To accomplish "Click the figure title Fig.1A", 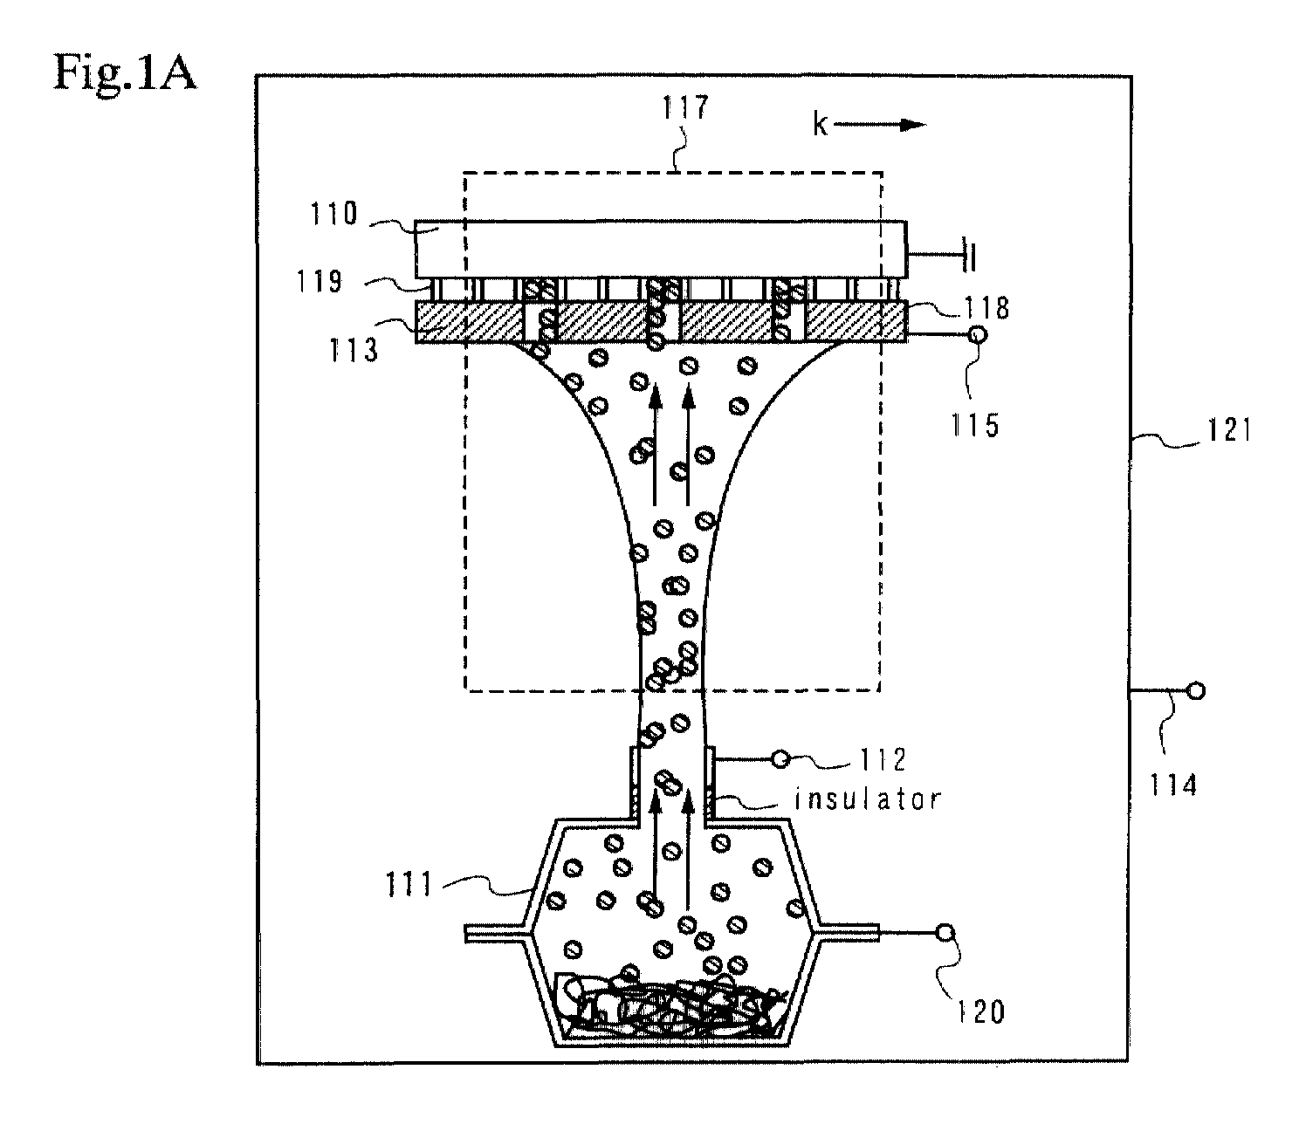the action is click(125, 73).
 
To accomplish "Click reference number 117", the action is click(684, 107).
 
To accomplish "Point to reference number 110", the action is click(333, 214).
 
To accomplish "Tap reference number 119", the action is click(319, 282).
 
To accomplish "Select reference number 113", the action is click(354, 351).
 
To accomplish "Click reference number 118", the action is click(986, 308).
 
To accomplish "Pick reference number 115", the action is click(974, 425).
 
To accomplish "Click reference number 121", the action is click(1229, 429).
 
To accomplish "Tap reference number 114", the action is click(1173, 784).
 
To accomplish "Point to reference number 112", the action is click(883, 760).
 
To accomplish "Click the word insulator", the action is click(867, 799).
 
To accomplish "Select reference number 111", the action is click(409, 886).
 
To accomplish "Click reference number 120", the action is click(981, 1012).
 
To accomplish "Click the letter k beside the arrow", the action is click(820, 124).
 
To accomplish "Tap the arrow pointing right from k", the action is click(880, 125).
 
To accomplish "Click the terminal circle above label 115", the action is click(978, 334).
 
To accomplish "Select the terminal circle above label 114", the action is click(1196, 691).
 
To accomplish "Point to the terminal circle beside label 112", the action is click(780, 760).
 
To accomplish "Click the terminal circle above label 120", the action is click(945, 933).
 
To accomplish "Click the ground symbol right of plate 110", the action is click(969, 255).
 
